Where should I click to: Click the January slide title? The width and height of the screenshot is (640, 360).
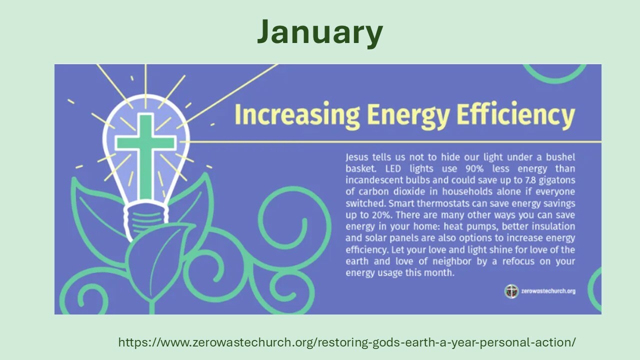(320, 32)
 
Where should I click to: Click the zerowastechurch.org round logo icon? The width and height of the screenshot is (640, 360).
(511, 291)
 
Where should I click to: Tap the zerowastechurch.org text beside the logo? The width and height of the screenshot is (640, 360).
(548, 291)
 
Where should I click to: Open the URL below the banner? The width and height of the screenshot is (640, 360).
(347, 342)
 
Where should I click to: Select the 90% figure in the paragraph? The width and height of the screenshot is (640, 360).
(474, 169)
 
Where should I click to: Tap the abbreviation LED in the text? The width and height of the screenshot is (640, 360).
(393, 169)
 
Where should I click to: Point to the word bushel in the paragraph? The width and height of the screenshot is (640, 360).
(560, 157)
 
